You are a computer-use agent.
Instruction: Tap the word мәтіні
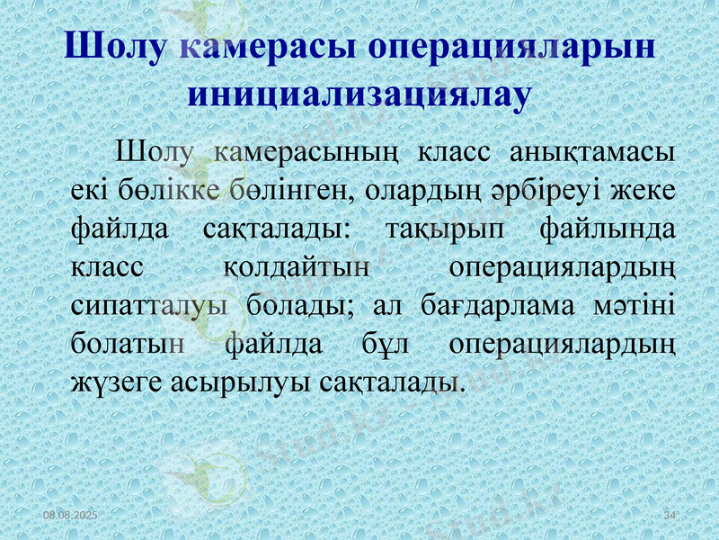[635, 306]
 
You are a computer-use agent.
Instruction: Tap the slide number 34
[669, 514]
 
